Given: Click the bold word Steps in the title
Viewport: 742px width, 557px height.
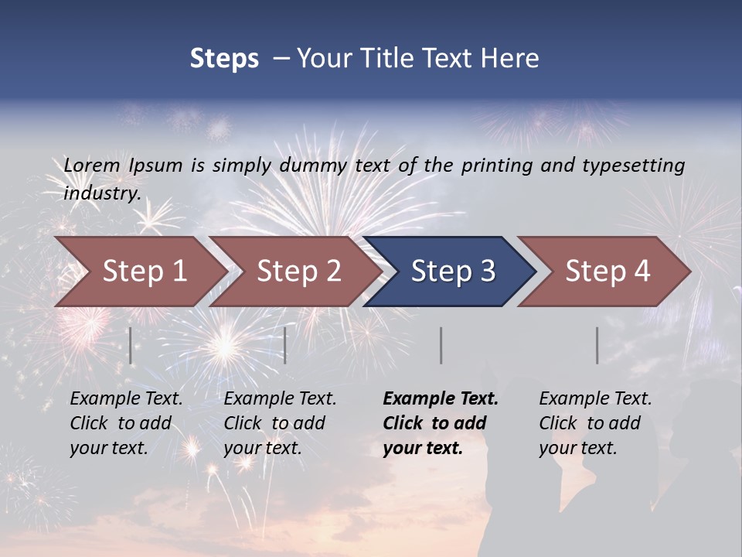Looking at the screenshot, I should pyautogui.click(x=224, y=59).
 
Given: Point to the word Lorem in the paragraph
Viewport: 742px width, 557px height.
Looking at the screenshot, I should pyautogui.click(x=92, y=166).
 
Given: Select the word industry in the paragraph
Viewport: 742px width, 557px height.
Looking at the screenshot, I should pyautogui.click(x=101, y=193).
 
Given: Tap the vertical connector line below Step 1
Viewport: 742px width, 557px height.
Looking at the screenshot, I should pyautogui.click(x=131, y=346).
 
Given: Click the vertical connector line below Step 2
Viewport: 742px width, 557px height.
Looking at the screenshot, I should pyautogui.click(x=285, y=346).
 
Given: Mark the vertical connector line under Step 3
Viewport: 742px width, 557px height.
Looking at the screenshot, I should pyautogui.click(x=441, y=346).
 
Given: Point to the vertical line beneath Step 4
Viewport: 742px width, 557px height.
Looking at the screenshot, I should pyautogui.click(x=597, y=346).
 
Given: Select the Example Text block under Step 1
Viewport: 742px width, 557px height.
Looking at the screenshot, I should pyautogui.click(x=126, y=423).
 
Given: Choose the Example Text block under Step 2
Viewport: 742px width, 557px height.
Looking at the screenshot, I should pyautogui.click(x=280, y=423).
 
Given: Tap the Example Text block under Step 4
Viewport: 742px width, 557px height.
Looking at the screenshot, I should pyautogui.click(x=595, y=423).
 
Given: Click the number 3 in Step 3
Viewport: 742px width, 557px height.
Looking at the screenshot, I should pyautogui.click(x=487, y=272).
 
